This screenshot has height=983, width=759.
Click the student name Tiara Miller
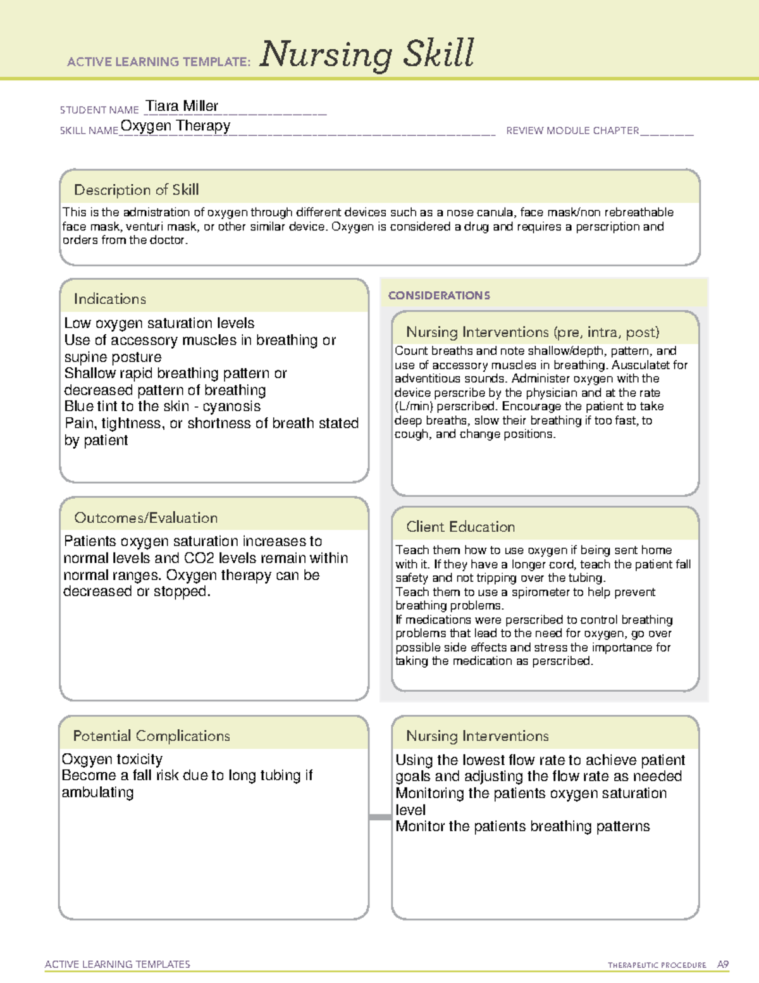pos(182,106)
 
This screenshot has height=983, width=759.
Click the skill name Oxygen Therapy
pos(175,125)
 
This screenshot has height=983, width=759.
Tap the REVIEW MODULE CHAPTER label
pos(572,130)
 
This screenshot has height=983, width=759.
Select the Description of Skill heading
pos(136,190)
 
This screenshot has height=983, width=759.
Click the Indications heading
pos(109,299)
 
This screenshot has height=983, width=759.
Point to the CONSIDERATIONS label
pos(439,296)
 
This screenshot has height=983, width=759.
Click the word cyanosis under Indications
pos(231,406)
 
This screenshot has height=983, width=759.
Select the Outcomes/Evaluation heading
pos(145,518)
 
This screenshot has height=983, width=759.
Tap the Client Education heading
pos(460,527)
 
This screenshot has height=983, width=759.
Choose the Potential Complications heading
pos(151,736)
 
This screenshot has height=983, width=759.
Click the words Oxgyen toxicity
pos(112,759)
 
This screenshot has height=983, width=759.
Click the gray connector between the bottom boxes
pos(379,817)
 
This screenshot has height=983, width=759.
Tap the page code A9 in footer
pos(723,965)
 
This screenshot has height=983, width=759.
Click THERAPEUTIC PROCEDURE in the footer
pos(657,965)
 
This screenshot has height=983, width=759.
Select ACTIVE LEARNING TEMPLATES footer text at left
pos(117,964)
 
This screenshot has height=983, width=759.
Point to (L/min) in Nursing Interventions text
pos(414,406)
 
